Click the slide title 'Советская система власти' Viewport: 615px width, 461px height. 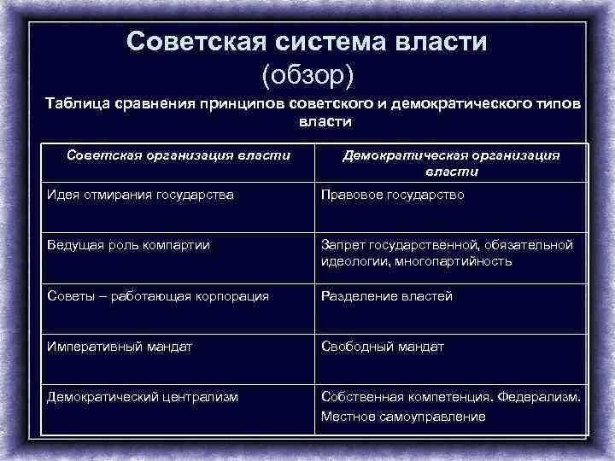click(307, 42)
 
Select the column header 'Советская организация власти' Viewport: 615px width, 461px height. click(179, 155)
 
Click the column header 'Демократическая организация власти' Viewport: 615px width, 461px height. click(451, 163)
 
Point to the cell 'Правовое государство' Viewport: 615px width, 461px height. click(392, 195)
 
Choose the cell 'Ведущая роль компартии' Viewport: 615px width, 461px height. click(127, 245)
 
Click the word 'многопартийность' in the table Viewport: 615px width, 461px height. click(460, 261)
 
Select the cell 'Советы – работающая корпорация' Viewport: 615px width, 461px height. click(157, 296)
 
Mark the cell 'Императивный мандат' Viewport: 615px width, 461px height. click(120, 347)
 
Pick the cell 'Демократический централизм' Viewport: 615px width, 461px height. click(142, 397)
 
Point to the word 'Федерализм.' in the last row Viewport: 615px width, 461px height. click(542, 397)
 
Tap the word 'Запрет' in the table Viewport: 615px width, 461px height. click(342, 245)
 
